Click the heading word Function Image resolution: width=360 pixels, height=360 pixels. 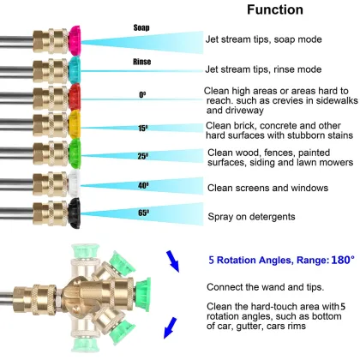tap(274, 10)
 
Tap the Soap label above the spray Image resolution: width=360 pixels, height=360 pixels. tap(141, 28)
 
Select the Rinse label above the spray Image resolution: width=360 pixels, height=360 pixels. tap(141, 62)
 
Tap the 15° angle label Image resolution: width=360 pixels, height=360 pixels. tap(141, 129)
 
